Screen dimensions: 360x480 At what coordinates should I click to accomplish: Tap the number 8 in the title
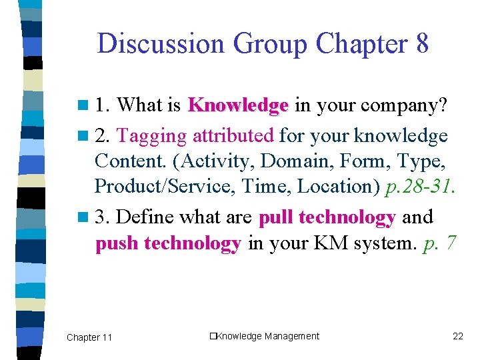[421, 44]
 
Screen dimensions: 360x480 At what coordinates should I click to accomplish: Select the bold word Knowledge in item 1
[238, 105]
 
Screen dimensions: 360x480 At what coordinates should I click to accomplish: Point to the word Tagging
[151, 136]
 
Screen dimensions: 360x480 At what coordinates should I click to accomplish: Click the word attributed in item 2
[233, 136]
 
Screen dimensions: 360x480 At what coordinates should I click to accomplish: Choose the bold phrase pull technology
[327, 217]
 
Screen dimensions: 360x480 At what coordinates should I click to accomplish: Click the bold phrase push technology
[168, 243]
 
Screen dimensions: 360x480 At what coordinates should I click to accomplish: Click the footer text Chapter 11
[89, 337]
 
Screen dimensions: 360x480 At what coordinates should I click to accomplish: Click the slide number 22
[457, 336]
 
